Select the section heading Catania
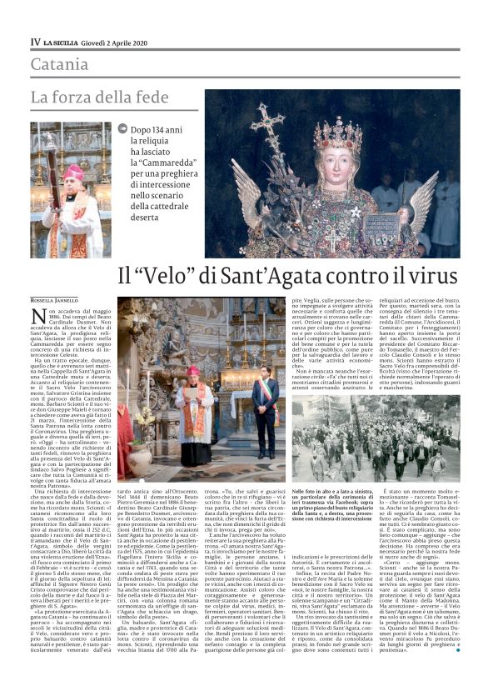pyautogui.click(x=59, y=64)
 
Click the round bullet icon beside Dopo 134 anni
pyautogui.click(x=123, y=128)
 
